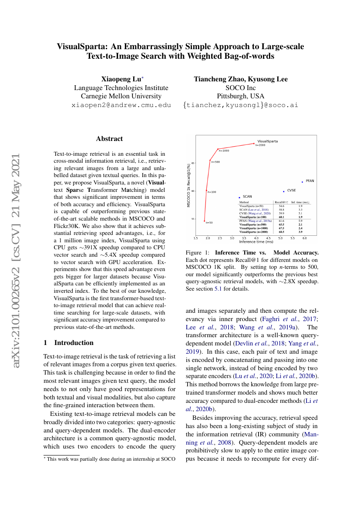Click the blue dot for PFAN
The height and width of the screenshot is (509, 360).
tap(302, 182)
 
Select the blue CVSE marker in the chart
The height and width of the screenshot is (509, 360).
tap(284, 191)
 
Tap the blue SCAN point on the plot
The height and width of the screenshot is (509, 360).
tap(239, 198)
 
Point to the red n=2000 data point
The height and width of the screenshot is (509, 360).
tap(254, 144)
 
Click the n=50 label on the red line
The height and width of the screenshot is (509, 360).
tap(209, 223)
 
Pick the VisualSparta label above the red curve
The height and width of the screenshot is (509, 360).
tap(267, 141)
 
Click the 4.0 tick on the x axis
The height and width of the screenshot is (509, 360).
tap(256, 238)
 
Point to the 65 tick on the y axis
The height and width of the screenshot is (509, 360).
tap(193, 163)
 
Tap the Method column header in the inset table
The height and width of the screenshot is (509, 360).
tap(244, 202)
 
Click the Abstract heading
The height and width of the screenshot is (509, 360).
tap(109, 139)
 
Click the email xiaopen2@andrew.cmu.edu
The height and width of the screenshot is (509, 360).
tap(121, 105)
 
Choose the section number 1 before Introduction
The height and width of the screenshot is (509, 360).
tap(45, 343)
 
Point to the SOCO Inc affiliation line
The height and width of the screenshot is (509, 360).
tap(241, 88)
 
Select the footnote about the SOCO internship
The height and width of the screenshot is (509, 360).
tap(111, 459)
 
